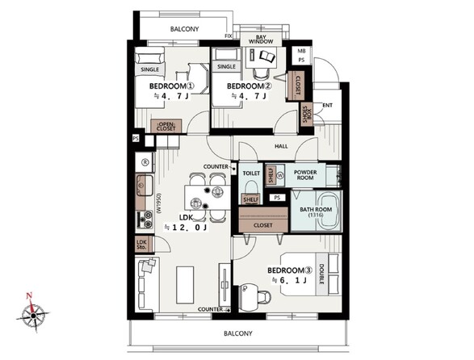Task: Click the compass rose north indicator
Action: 29,295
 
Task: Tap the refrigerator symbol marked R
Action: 145,162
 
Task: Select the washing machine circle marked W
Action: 280,175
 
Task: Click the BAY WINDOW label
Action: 261,40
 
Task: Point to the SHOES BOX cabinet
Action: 307,115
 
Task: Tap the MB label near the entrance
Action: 301,51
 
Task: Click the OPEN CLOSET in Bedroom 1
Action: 166,127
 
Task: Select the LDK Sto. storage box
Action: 141,245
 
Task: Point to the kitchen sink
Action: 145,186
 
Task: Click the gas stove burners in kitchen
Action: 145,220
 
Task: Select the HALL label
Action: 281,146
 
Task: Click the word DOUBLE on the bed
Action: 321,274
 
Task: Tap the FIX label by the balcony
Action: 229,36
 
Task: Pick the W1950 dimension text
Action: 159,203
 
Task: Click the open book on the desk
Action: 267,57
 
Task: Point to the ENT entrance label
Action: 327,105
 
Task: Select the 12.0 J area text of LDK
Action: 186,228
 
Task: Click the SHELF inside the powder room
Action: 271,175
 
